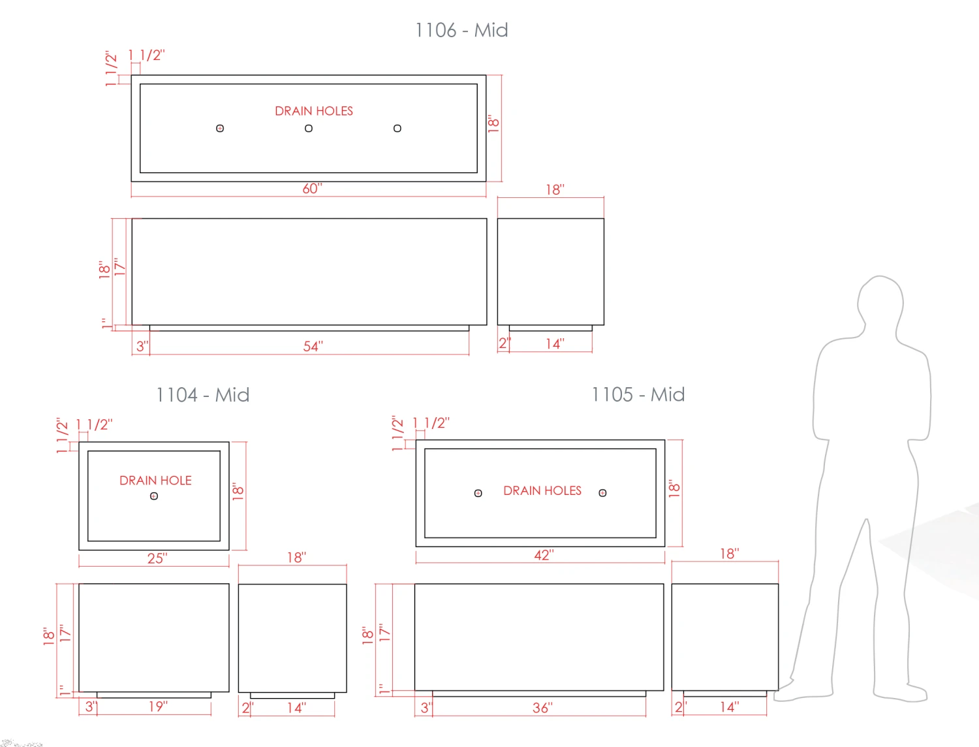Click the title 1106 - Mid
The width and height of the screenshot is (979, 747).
coord(461,30)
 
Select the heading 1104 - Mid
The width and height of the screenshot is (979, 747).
coord(202,395)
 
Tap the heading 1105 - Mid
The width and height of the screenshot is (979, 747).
coord(638,394)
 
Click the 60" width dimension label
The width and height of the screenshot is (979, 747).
coord(312,188)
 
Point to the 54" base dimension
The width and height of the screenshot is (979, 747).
coord(313,346)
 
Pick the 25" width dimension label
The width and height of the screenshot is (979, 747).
coord(157,558)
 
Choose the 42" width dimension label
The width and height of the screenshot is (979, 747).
coord(544,554)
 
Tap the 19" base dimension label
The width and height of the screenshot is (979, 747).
coord(158,707)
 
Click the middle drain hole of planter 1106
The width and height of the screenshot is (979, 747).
coord(309,129)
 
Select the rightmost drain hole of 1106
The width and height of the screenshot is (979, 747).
coord(397,129)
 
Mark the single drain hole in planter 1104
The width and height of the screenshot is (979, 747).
coord(154,496)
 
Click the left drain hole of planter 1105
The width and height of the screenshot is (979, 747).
coord(478,493)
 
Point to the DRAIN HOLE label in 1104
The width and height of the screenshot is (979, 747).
coord(155,481)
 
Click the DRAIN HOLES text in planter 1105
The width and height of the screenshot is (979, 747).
coord(542,491)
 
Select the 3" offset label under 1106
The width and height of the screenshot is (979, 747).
coord(142,346)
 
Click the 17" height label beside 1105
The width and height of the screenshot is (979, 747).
coord(384,633)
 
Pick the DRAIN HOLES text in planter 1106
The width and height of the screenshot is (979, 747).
coord(313,111)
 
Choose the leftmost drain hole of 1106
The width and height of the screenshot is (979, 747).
coord(220,129)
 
